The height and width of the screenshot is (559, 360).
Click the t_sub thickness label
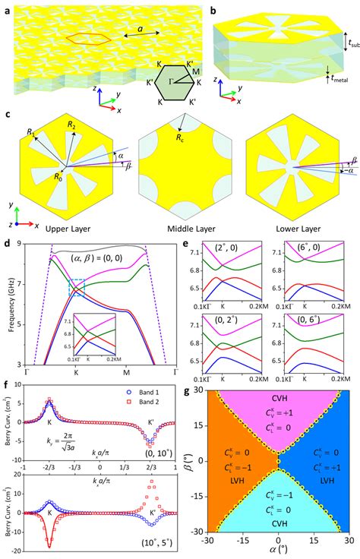351,45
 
